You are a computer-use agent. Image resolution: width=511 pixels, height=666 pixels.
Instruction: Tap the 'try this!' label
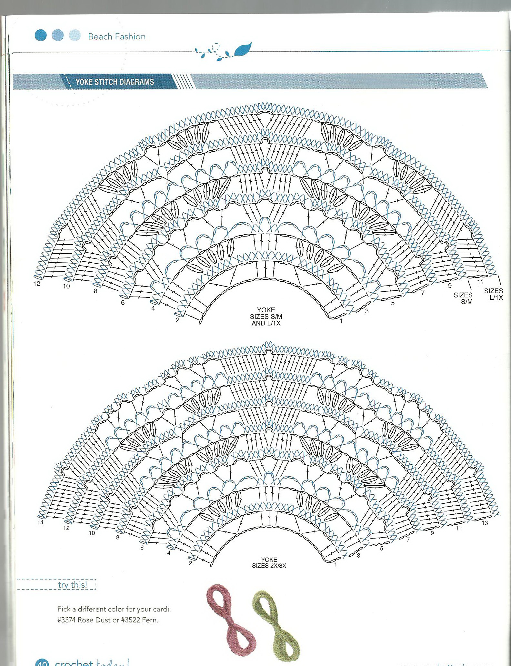pyautogui.click(x=72, y=584)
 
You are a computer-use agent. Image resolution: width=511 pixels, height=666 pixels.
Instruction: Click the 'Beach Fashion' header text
pyautogui.click(x=117, y=36)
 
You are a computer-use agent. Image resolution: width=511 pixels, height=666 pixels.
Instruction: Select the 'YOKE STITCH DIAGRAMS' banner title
pyautogui.click(x=115, y=82)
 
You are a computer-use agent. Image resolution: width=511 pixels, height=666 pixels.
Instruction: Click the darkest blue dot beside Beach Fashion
pyautogui.click(x=41, y=35)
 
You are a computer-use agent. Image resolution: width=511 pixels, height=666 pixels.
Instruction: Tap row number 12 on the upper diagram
pyautogui.click(x=36, y=284)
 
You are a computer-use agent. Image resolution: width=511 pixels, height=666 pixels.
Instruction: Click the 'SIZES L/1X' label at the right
pyautogui.click(x=494, y=294)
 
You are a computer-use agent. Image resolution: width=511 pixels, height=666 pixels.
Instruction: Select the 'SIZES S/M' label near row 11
pyautogui.click(x=463, y=298)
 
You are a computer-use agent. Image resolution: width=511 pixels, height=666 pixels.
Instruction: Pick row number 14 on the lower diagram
pyautogui.click(x=40, y=522)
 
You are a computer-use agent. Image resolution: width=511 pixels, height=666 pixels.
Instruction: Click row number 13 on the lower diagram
pyautogui.click(x=485, y=523)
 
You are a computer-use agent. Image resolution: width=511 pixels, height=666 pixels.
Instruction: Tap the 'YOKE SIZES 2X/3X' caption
pyautogui.click(x=269, y=562)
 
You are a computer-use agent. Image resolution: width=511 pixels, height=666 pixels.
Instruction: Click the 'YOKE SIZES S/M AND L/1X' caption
pyautogui.click(x=266, y=317)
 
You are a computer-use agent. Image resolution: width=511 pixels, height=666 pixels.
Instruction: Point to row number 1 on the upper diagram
pyautogui.click(x=341, y=321)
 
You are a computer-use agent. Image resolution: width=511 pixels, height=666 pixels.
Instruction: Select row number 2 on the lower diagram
pyautogui.click(x=190, y=563)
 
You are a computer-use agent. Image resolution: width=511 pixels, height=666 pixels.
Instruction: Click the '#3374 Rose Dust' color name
pyautogui.click(x=85, y=620)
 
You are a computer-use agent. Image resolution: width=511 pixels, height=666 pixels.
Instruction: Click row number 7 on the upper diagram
pyautogui.click(x=423, y=293)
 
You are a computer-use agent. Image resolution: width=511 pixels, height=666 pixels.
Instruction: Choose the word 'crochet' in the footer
pyautogui.click(x=74, y=662)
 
